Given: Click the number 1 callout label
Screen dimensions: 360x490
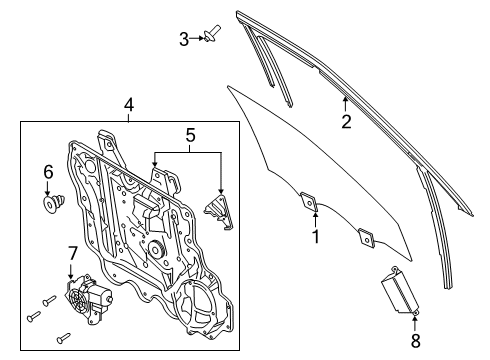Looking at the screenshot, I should point(315,237).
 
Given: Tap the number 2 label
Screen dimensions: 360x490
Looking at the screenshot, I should point(346,123).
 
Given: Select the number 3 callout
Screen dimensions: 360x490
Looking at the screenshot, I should point(184,39).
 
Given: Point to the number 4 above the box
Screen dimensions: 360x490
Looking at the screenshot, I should point(128,104).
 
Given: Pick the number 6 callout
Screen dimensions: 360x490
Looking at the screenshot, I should point(47,173).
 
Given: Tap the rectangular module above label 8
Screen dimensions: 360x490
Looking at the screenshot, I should point(397,291).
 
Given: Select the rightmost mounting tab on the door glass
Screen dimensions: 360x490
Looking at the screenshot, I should point(367,238).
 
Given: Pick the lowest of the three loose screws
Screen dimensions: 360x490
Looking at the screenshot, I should point(63,337).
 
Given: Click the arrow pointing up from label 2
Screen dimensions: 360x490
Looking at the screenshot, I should point(345,103).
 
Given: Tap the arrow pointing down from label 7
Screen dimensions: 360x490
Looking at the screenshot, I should point(72,270).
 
